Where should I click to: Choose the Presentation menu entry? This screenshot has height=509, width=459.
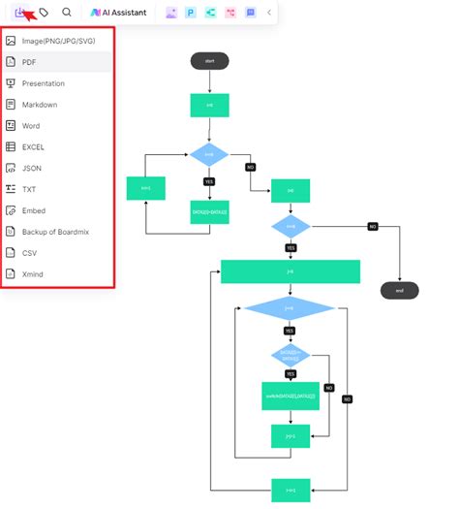click(x=44, y=83)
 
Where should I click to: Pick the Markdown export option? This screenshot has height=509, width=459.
click(x=40, y=105)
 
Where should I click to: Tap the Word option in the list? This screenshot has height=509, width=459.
click(x=31, y=126)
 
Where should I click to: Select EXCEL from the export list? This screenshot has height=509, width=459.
click(x=34, y=147)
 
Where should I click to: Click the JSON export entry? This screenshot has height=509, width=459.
click(x=32, y=168)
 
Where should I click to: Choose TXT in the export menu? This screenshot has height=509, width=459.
click(x=29, y=189)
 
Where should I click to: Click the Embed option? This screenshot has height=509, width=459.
click(x=34, y=210)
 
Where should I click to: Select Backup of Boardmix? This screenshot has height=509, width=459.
click(x=54, y=232)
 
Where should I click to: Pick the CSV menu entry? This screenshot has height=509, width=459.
click(x=30, y=253)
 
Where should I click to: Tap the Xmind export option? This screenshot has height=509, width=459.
click(x=33, y=274)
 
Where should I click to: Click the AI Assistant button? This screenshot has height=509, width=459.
click(x=118, y=13)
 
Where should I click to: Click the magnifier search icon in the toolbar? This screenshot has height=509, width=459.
click(x=67, y=13)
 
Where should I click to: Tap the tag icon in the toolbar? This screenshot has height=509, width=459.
click(x=45, y=13)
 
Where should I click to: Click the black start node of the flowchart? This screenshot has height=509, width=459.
click(x=209, y=61)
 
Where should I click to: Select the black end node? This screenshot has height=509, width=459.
click(x=399, y=290)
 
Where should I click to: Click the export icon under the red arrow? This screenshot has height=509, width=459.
click(x=20, y=13)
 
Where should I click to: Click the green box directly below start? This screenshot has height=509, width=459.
click(x=209, y=105)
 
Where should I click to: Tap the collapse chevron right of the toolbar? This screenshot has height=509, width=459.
click(x=269, y=13)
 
